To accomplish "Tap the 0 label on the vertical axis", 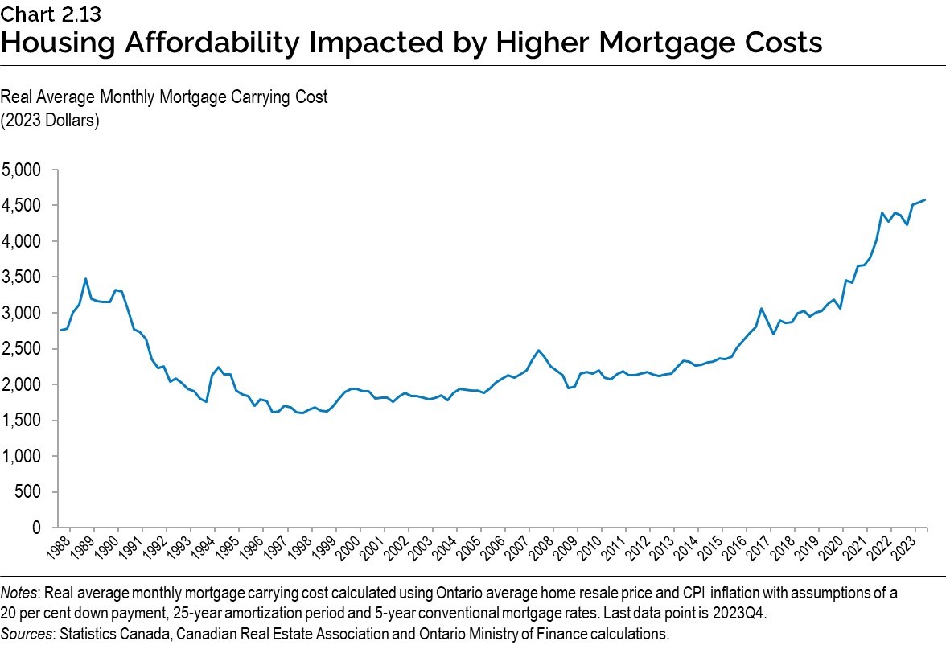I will [35, 528].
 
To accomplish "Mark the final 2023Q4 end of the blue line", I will [924, 199].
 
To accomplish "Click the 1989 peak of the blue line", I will [85, 279].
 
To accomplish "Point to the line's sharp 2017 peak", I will [761, 308].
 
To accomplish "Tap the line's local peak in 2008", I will [538, 351].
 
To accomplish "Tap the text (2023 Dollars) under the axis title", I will [49, 121].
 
